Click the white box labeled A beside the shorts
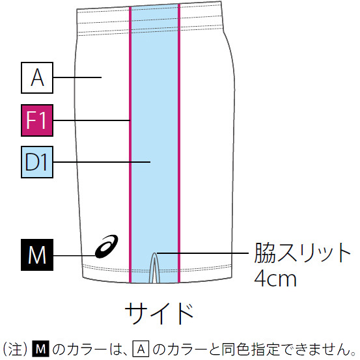click(x=37, y=77)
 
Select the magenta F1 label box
click(x=37, y=120)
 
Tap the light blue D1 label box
click(x=37, y=162)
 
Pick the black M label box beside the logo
click(x=37, y=255)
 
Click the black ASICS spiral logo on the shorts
click(x=107, y=246)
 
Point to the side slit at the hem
click(x=155, y=268)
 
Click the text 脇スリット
click(x=302, y=253)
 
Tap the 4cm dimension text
click(x=275, y=278)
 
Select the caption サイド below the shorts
click(x=159, y=313)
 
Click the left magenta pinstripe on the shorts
click(x=130, y=145)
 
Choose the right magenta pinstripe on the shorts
click(x=179, y=143)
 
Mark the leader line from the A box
click(x=77, y=77)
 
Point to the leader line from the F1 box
click(x=92, y=120)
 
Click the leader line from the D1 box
click(x=102, y=162)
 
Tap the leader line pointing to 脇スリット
click(x=202, y=253)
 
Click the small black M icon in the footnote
click(x=41, y=350)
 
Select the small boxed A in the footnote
click(x=141, y=350)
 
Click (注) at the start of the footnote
click(x=15, y=350)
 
